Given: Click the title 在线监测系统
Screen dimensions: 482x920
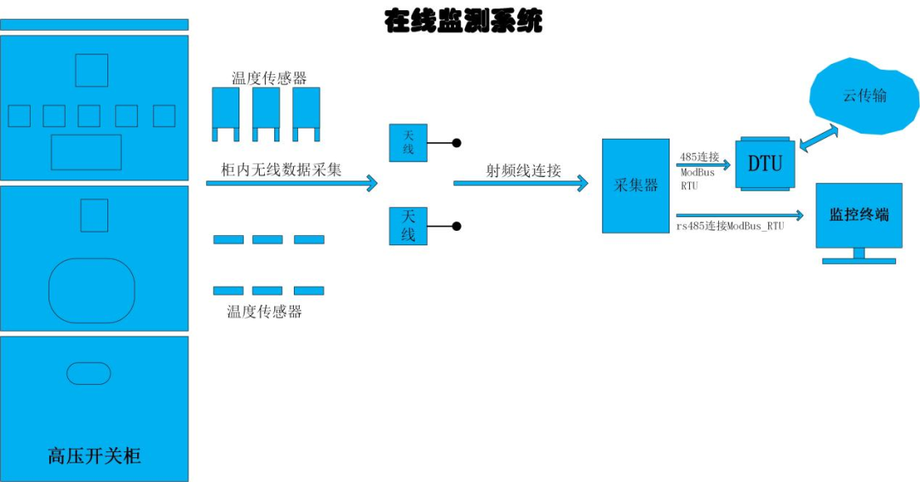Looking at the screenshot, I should tap(463, 21).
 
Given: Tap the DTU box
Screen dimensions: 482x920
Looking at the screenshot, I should tap(764, 163).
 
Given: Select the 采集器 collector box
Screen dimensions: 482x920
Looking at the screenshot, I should tap(635, 186).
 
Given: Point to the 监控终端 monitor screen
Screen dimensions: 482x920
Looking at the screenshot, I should tap(858, 215).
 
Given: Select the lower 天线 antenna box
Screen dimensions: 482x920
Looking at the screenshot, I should tap(408, 227).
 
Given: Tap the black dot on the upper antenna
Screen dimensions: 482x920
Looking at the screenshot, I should tap(457, 143).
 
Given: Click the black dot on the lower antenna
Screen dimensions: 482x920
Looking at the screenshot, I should tap(457, 227).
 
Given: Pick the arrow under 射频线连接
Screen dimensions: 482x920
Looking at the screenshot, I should tap(520, 183).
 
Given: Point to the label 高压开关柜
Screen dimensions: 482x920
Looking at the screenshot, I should tap(94, 456).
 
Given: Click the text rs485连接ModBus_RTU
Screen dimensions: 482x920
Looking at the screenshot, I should tap(730, 227).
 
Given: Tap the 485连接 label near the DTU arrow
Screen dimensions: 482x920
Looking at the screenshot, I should tap(699, 157).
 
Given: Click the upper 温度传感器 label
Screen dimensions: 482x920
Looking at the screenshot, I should tap(269, 78).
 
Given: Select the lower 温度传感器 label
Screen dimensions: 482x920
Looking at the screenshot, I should tap(264, 312).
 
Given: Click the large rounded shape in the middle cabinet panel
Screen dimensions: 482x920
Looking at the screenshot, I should tap(92, 290).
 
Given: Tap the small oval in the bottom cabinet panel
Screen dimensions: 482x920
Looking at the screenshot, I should tap(89, 373).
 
